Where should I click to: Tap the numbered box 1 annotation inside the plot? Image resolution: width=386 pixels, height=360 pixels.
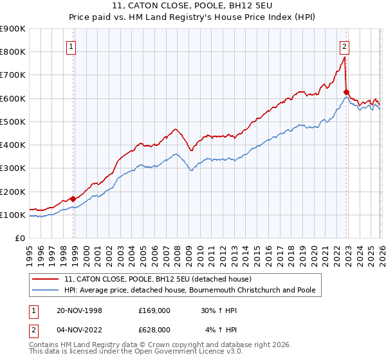(71, 46)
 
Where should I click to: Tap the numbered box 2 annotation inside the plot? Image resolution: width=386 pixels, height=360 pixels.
(345, 46)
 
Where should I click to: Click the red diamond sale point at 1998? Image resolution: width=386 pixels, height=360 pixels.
(73, 199)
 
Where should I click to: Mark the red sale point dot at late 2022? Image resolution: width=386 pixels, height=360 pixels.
(346, 92)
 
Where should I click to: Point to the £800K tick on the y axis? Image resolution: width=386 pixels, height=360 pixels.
(13, 51)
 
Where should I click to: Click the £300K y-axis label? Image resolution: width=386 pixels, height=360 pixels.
(13, 168)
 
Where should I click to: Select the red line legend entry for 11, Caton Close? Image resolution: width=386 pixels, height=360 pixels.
(161, 279)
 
